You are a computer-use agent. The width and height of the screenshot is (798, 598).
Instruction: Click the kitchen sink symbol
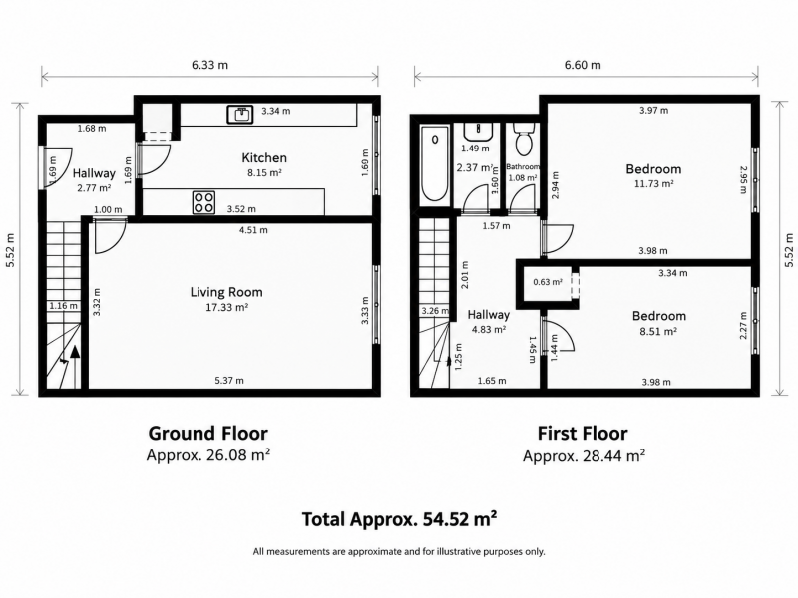(239, 115)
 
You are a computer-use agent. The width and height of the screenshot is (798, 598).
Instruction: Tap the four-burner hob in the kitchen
(203, 202)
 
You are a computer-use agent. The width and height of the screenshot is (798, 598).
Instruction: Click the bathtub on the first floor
(435, 163)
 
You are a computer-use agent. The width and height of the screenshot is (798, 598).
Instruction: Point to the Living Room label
(226, 292)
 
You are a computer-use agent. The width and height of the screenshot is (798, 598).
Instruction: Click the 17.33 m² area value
(227, 307)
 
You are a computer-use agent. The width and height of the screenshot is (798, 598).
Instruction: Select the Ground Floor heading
(207, 434)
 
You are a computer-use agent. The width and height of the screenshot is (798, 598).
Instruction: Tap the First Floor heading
(583, 434)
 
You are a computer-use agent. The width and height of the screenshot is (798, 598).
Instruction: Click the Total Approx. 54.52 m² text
(400, 519)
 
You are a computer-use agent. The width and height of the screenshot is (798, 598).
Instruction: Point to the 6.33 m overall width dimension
(209, 65)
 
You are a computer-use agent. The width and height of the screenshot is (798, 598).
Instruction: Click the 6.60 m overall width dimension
(583, 65)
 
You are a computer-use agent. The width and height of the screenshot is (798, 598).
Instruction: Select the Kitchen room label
(264, 157)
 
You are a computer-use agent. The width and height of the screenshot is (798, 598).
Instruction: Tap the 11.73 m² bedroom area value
(654, 183)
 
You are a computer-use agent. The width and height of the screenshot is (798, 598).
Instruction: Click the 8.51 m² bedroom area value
(659, 331)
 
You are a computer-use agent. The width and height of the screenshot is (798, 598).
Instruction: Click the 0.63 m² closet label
(548, 282)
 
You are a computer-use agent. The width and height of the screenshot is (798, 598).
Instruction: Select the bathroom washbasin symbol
(478, 132)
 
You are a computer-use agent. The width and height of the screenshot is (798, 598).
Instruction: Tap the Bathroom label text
(523, 166)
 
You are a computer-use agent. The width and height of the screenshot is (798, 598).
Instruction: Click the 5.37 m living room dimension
(229, 380)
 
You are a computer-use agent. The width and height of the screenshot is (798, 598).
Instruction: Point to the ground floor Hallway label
(94, 173)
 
